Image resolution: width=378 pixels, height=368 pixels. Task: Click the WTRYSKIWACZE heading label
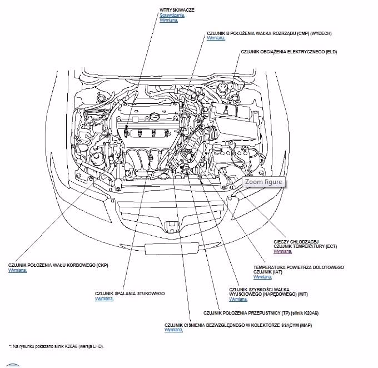[x=177, y=10]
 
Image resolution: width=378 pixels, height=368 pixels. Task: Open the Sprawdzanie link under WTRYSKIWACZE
[x=172, y=15]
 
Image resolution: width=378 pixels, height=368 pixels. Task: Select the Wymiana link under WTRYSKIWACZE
[x=168, y=20]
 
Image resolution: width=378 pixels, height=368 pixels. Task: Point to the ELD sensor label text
[x=289, y=52]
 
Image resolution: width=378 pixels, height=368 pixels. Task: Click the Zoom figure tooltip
[x=264, y=182]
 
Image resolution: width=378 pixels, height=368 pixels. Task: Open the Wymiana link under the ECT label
[x=282, y=251]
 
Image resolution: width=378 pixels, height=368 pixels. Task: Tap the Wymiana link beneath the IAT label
[x=262, y=276]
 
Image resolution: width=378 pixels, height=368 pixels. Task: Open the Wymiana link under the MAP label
[x=173, y=330]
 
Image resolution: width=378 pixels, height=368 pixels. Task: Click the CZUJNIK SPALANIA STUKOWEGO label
[x=130, y=294]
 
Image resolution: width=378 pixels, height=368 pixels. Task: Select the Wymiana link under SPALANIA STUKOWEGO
[x=104, y=299]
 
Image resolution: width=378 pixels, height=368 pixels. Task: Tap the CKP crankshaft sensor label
[x=58, y=265]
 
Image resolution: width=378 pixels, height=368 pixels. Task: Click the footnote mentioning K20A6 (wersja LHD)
[x=56, y=346]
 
